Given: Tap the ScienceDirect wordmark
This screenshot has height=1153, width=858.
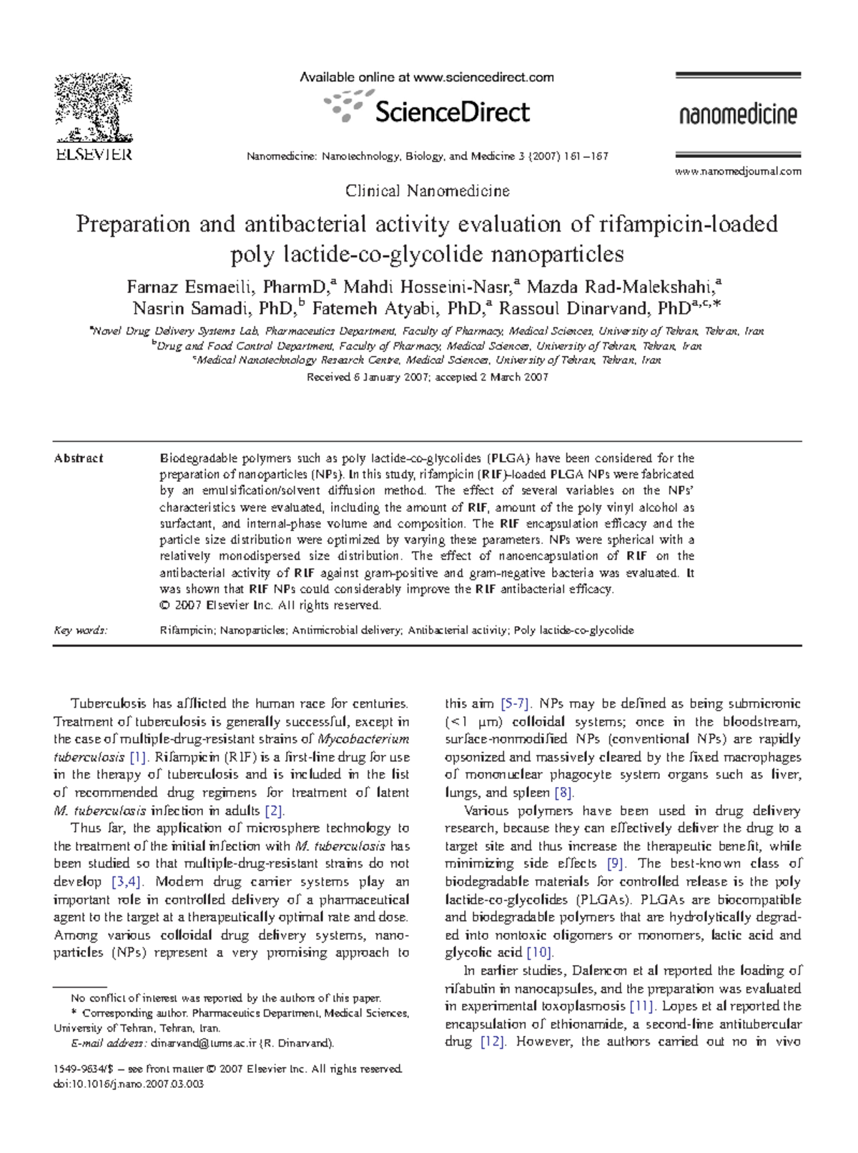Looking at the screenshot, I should pos(452,112).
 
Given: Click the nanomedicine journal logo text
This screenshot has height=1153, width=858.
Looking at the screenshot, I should pos(737,114).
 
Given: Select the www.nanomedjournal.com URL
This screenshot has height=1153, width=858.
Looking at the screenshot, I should pos(738,172).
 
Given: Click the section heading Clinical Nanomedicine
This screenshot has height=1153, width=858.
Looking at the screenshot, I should pos(427,191).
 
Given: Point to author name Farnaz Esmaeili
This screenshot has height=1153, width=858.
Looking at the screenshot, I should pos(189,287).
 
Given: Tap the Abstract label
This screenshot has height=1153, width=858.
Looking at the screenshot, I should pos(79,458).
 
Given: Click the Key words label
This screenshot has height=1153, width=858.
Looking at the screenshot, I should pos(80,630).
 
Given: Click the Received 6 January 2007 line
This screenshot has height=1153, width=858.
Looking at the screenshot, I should pos(427,377).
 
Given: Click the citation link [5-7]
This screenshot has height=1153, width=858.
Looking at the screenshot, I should pos(515,703).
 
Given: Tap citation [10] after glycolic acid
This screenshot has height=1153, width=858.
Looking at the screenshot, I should pos(540,953).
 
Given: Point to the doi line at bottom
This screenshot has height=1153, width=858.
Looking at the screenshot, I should pos(129,1084).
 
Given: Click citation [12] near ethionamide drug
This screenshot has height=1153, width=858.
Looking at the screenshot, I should pos(493,1041).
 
